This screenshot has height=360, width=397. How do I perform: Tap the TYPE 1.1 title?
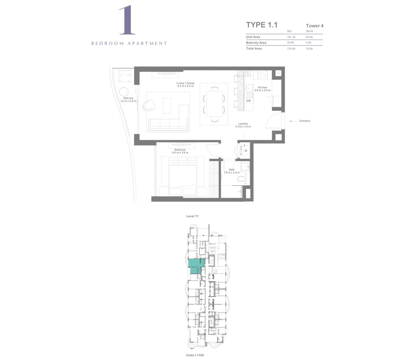261,25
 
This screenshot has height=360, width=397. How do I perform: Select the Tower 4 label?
315,26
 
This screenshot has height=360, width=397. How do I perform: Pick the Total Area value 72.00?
309,48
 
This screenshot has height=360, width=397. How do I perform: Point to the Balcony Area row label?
256,43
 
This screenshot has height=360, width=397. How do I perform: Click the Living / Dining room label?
185,84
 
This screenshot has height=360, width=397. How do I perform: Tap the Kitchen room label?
262,88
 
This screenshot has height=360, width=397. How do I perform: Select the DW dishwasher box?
248,101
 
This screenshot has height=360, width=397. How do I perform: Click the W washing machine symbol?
245,151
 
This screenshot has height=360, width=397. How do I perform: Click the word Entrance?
305,121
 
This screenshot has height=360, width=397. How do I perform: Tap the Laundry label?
243,123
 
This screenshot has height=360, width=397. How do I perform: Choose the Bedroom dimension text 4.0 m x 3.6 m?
180,153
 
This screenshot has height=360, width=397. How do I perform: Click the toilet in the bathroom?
241,180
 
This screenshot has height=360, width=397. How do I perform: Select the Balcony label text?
128,98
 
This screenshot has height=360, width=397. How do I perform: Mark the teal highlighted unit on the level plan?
196,266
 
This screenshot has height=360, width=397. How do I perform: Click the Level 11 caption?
192,216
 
